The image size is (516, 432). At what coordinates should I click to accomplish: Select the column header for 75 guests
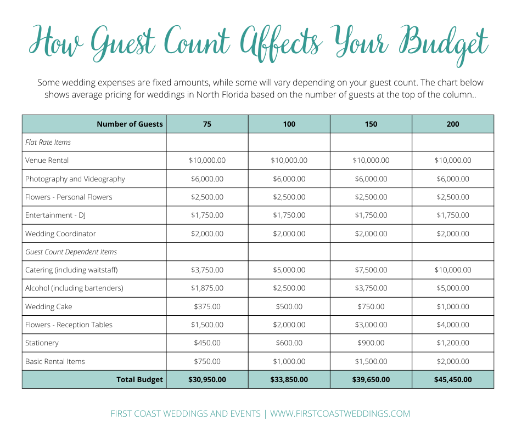point(207,124)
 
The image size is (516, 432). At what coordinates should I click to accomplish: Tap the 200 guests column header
point(453,124)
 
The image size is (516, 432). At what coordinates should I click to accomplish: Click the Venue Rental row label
point(47,161)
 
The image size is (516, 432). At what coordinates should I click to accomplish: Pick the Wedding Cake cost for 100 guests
point(289,306)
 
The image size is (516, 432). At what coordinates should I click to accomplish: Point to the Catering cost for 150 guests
point(371,270)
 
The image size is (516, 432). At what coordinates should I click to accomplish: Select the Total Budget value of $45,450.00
point(453,379)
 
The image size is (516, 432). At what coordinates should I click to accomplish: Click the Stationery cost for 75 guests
point(207,343)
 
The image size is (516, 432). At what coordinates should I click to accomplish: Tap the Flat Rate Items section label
point(48,142)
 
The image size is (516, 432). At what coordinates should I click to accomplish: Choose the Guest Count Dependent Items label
point(71,252)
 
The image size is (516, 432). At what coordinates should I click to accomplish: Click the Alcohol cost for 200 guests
point(453,288)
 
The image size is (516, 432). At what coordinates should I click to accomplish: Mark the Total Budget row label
point(139,379)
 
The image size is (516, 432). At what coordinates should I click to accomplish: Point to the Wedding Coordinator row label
point(61,234)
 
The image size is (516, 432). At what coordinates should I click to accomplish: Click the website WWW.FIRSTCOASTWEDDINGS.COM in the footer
point(340,414)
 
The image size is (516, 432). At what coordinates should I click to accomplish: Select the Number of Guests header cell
point(130,124)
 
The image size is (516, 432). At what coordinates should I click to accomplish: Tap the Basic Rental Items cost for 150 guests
point(371,361)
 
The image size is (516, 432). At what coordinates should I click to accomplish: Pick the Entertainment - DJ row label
point(56,215)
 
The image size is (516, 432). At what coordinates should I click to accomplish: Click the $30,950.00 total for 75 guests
point(207,379)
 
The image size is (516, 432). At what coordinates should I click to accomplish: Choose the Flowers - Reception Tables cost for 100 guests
point(289,325)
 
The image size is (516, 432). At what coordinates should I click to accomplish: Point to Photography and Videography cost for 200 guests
point(453,179)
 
